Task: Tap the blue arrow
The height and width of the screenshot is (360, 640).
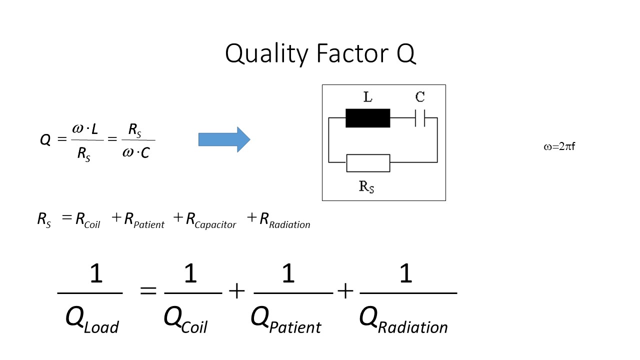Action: click(x=224, y=139)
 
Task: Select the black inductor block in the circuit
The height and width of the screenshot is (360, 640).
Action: click(x=367, y=118)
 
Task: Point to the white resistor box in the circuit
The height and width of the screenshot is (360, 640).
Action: click(x=367, y=162)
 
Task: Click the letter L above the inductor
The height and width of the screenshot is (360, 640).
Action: click(x=367, y=97)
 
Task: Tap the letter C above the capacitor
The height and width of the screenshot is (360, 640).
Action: click(x=420, y=97)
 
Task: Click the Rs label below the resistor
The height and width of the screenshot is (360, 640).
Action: click(x=366, y=187)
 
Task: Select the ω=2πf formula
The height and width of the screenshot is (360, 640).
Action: click(x=559, y=147)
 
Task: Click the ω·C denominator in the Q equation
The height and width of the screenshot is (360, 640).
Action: click(x=136, y=152)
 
